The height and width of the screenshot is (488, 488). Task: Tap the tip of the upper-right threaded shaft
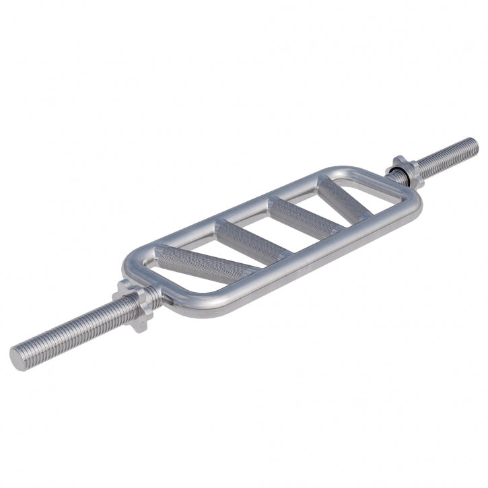click(x=473, y=145)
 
